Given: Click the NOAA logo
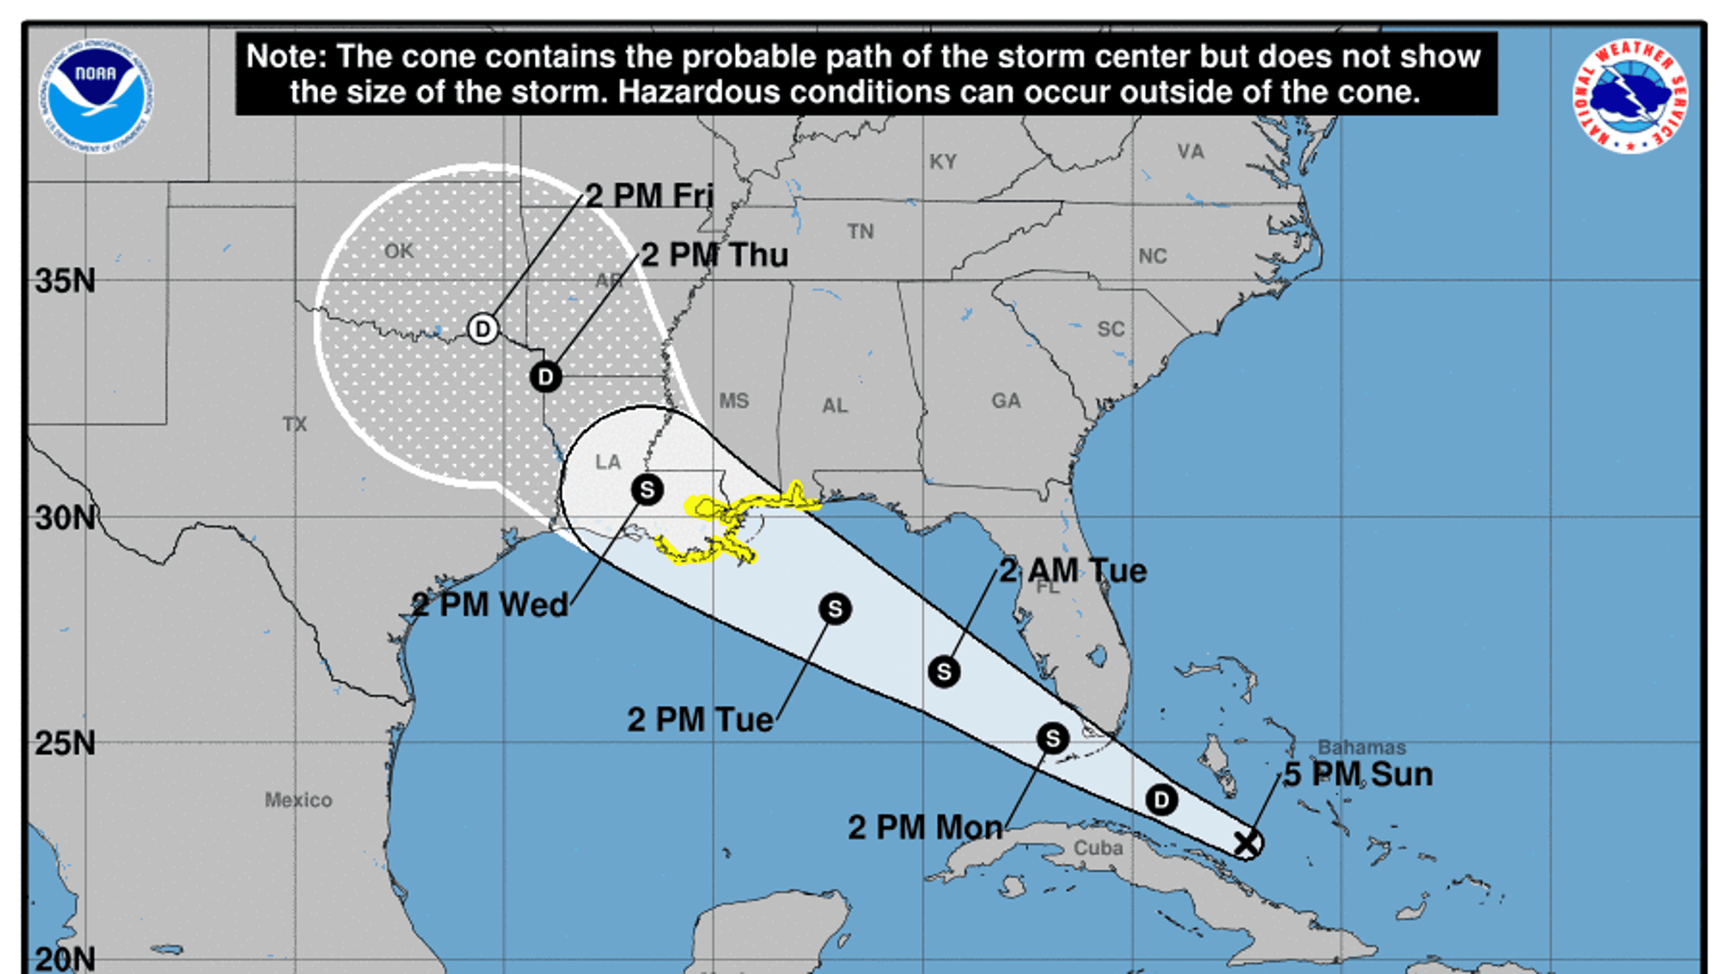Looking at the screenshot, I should pyautogui.click(x=96, y=96).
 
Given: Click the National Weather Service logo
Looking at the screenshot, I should pyautogui.click(x=1630, y=96).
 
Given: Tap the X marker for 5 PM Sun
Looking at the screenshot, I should pyautogui.click(x=1246, y=844).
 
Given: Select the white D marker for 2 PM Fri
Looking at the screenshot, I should pyautogui.click(x=483, y=329).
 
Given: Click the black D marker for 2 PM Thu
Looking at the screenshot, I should pyautogui.click(x=546, y=377).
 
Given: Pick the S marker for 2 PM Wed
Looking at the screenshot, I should pyautogui.click(x=647, y=490).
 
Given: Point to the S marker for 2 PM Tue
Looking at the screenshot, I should pyautogui.click(x=835, y=609).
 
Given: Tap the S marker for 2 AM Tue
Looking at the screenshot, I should pyautogui.click(x=944, y=671).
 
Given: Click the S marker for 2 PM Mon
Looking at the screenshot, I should pyautogui.click(x=1052, y=739).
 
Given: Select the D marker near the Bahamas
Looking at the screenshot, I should pyautogui.click(x=1161, y=800).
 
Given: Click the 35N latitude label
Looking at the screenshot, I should pyautogui.click(x=65, y=281).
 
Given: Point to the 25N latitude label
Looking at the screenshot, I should pyautogui.click(x=65, y=743).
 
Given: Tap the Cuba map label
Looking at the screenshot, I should pyautogui.click(x=1098, y=848).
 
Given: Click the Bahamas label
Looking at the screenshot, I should pyautogui.click(x=1361, y=747).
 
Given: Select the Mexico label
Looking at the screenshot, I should pyautogui.click(x=298, y=800).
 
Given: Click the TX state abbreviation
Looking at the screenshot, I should pyautogui.click(x=295, y=424).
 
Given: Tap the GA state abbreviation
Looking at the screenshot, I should pyautogui.click(x=1006, y=401).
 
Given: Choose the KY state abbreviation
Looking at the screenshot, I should pyautogui.click(x=943, y=162).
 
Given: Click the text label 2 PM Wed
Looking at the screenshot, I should pyautogui.click(x=489, y=605).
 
